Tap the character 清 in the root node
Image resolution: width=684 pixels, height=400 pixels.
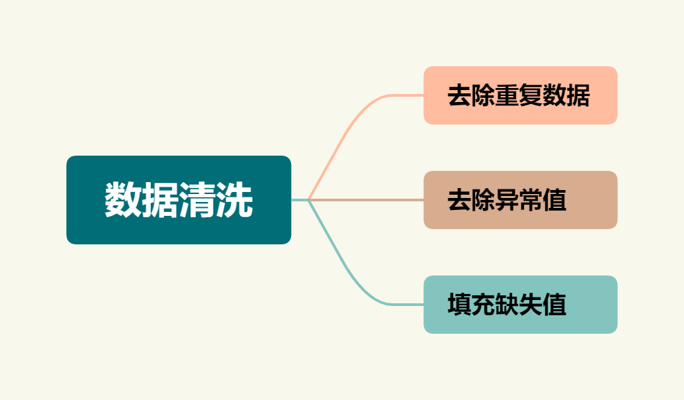tap(197, 200)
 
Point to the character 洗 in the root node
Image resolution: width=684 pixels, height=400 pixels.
tap(234, 200)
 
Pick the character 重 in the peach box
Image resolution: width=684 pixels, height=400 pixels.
tap(507, 96)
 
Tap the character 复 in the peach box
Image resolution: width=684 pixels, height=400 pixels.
tap(531, 96)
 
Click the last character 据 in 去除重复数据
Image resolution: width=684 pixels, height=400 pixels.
tap(578, 96)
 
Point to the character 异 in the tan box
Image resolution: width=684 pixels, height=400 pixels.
tap(507, 200)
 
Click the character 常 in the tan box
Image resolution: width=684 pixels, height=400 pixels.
tap(531, 200)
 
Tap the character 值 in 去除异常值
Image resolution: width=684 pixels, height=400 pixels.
tap(554, 200)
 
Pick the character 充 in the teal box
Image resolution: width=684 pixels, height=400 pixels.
tap(483, 305)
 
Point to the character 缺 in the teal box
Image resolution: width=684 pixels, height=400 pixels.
tap(507, 305)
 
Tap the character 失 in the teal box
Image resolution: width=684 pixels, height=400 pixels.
tap(531, 305)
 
